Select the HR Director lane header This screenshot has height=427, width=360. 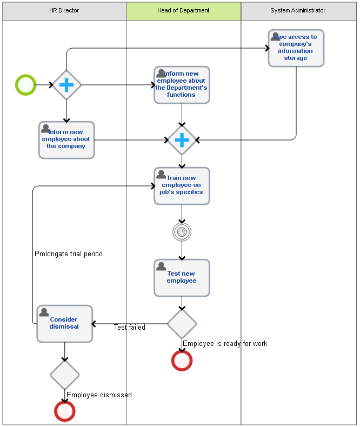(64, 11)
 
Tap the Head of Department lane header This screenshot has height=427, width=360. (184, 11)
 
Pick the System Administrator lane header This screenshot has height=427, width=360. (298, 11)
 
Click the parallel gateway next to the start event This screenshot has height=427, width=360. (66, 85)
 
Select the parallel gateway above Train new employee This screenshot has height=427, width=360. (182, 140)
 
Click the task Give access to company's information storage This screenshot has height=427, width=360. (296, 48)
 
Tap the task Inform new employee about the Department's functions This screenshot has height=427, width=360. (182, 85)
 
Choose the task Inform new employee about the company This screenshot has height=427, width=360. (66, 140)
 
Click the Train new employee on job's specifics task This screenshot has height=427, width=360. (182, 186)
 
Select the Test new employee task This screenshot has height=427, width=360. (182, 278)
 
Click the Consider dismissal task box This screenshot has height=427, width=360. (65, 324)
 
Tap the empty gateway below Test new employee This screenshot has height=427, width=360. (182, 324)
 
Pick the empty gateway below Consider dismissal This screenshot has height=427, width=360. (65, 375)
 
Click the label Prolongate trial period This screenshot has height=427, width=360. (69, 254)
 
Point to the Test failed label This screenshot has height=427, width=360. (130, 327)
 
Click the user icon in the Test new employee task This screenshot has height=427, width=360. (161, 266)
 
